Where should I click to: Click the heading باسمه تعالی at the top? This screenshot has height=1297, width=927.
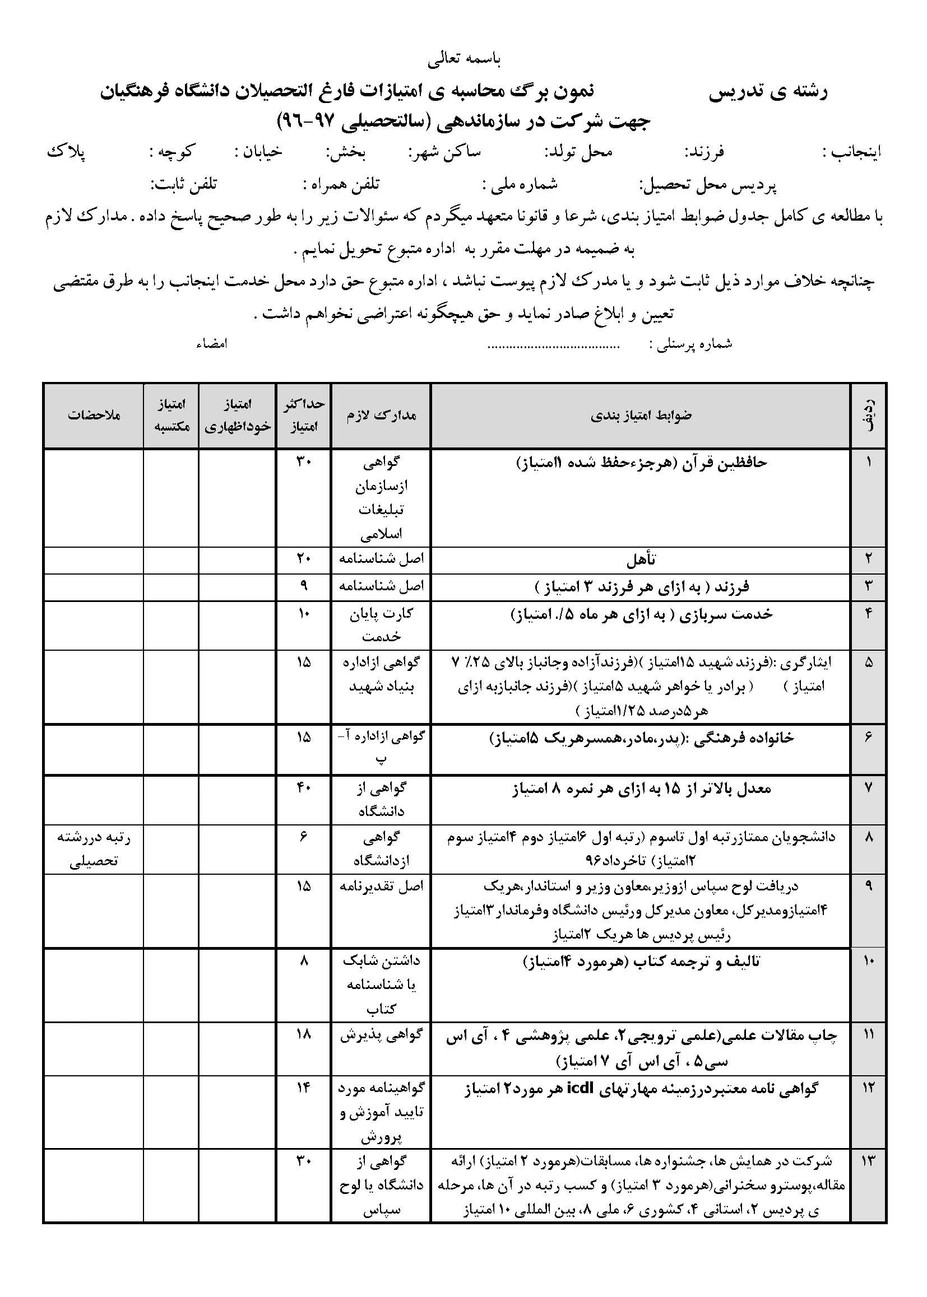463,59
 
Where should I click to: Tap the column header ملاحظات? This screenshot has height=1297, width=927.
94,414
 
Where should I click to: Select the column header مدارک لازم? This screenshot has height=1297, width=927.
381,414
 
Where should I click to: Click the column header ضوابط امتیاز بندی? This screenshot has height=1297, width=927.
641,414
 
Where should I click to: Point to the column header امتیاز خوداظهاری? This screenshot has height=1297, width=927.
238,414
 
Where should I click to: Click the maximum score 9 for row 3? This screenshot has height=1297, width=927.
304,586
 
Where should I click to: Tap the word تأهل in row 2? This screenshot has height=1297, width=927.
641,559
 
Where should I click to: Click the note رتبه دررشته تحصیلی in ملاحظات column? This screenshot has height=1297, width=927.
94,848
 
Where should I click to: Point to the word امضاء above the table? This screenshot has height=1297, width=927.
212,344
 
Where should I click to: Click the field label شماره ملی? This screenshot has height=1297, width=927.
520,184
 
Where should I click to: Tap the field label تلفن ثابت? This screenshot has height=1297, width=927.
184,184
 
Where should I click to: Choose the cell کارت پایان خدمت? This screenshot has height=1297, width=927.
381,624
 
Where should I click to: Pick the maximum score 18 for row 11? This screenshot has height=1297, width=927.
304,1033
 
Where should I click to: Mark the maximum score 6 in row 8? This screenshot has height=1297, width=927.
304,837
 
